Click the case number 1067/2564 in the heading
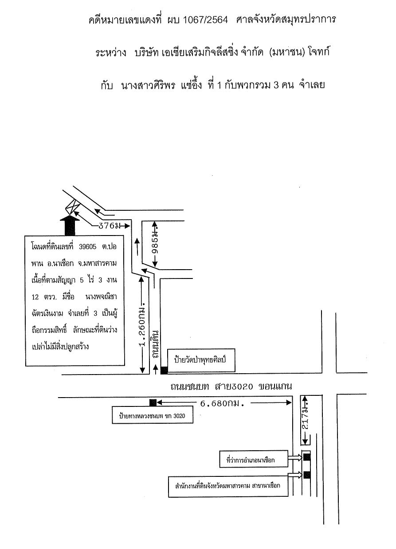pos(205,20)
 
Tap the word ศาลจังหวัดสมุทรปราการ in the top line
pos(286,19)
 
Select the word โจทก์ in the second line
pos(318,52)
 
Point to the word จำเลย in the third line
pos(312,85)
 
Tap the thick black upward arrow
pos(70,225)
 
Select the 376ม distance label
pos(110,226)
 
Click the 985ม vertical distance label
pos(155,244)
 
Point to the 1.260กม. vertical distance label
pos(142,327)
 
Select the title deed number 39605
pos(88,247)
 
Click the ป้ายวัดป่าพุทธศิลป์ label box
pos(201,360)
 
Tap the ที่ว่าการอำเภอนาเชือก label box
pos(254,460)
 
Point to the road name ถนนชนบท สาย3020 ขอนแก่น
pos(231,386)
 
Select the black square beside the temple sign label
pos(164,370)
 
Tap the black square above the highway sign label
pos(153,402)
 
